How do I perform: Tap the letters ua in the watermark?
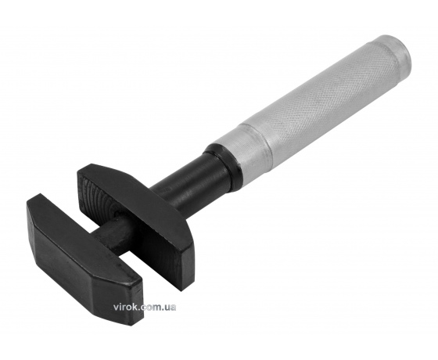click(171, 308)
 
